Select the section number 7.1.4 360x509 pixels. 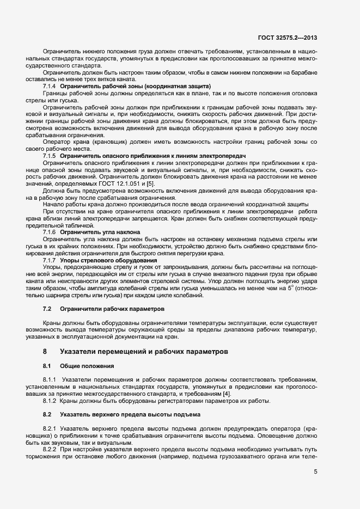pyautogui.click(x=49, y=87)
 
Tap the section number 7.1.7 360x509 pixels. pyautogui.click(x=49, y=260)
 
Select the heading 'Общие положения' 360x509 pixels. pyautogui.click(x=87, y=365)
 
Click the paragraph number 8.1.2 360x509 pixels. pyautogui.click(x=51, y=401)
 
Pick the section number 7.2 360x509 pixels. pyautogui.click(x=47, y=309)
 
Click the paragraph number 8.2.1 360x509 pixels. pyautogui.click(x=51, y=429)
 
